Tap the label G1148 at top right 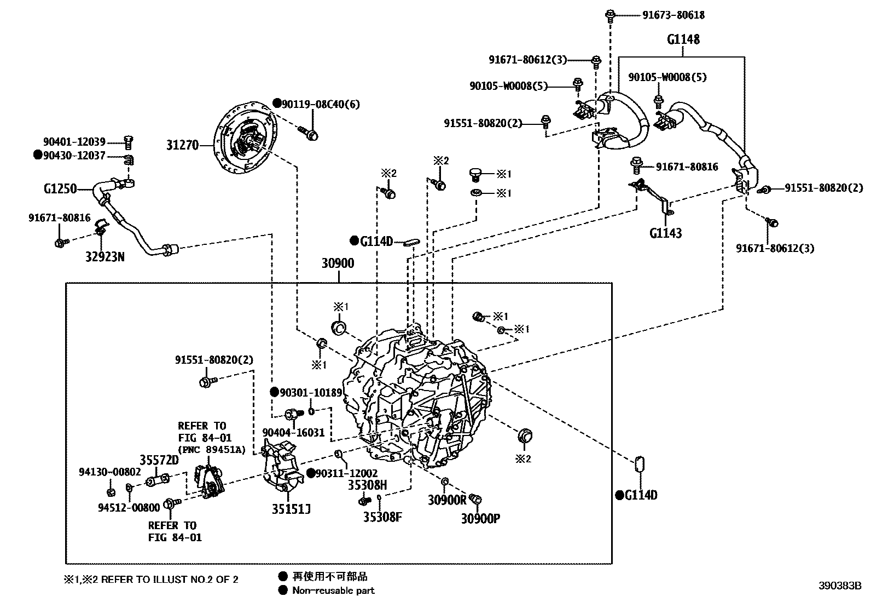coord(683,39)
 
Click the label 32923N coord(104,256)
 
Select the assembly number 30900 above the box coord(338,263)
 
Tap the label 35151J coord(291,509)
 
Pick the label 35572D coord(159,460)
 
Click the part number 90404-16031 coord(293,433)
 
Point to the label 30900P coord(480,518)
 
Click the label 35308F coord(382,516)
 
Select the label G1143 coord(665,233)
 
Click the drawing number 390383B coord(840,584)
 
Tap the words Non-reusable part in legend coord(333,590)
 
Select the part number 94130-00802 coord(110,472)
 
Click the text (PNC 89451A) coord(211,450)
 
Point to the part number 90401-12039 coord(74,142)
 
